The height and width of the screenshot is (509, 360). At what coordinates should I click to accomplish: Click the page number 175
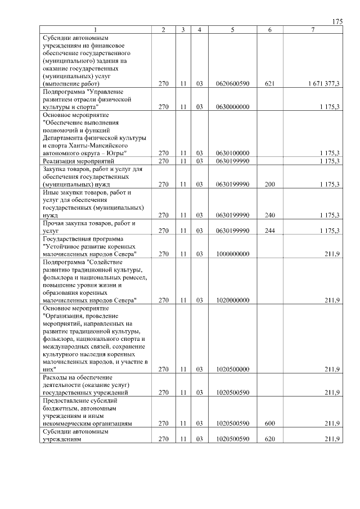pos(337,21)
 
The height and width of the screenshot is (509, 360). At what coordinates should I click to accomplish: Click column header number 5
pos(232,29)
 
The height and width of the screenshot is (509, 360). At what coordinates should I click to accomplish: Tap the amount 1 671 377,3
pos(323,83)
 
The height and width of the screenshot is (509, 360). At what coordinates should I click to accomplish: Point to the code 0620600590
pos(232,83)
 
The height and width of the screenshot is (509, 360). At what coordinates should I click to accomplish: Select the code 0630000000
pos(232,106)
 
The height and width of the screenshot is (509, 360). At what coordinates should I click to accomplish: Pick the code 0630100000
pos(232,153)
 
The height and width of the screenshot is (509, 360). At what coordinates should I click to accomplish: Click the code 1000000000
pos(232,254)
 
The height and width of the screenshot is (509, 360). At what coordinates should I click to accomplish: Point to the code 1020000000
pos(232,300)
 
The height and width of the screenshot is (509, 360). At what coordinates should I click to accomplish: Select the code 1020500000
pos(232,370)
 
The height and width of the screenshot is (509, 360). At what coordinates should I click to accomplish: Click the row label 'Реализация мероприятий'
pos(74,161)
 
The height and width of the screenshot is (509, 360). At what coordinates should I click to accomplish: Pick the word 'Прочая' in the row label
pos(52,223)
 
